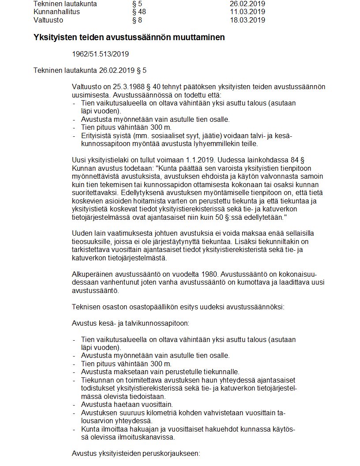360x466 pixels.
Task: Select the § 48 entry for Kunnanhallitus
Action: click(x=139, y=12)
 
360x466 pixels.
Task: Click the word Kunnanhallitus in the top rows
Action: click(x=56, y=12)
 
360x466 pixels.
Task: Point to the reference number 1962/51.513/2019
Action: click(x=100, y=54)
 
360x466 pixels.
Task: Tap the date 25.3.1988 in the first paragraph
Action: click(x=126, y=87)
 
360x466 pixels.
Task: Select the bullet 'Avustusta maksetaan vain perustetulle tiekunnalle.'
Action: click(x=160, y=372)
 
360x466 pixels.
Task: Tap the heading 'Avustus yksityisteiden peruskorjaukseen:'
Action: click(x=136, y=453)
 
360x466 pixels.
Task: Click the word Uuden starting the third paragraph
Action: click(x=82, y=233)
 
